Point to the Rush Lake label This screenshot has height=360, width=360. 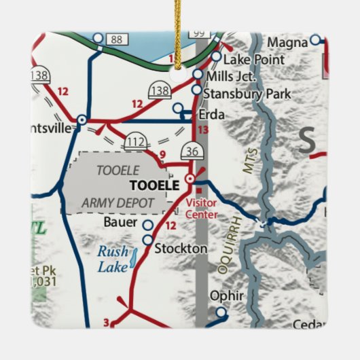click(x=112, y=259)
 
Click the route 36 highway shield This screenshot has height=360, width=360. click(x=191, y=151)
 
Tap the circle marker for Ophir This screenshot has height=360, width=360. click(x=220, y=312)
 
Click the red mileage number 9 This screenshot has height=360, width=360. click(x=162, y=155)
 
